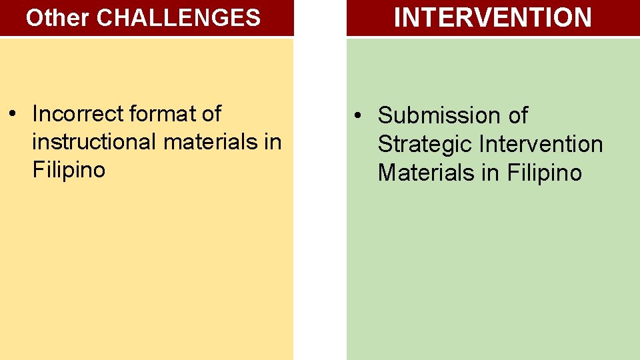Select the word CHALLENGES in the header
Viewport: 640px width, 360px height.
coord(179,18)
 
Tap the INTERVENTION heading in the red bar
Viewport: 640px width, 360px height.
coord(493,17)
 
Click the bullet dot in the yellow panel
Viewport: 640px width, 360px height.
coord(13,115)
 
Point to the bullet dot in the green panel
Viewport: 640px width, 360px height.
coord(358,116)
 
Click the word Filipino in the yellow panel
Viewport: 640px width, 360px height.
coord(69,170)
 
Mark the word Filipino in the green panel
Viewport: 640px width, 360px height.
coord(544,173)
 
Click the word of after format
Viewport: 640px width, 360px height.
coord(210,114)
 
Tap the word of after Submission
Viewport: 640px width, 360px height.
coord(518,115)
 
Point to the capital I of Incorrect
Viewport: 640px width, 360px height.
coord(35,114)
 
